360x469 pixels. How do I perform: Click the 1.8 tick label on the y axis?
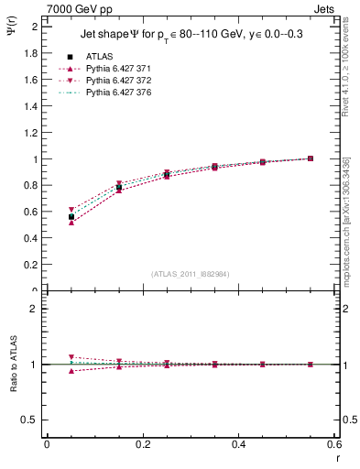coord(30,53)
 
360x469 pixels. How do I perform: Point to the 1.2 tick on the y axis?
coord(30,133)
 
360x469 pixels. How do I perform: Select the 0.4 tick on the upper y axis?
coord(30,238)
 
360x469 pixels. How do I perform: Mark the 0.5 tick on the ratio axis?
coord(30,420)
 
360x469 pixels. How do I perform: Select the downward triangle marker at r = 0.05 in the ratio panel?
coord(71,357)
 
